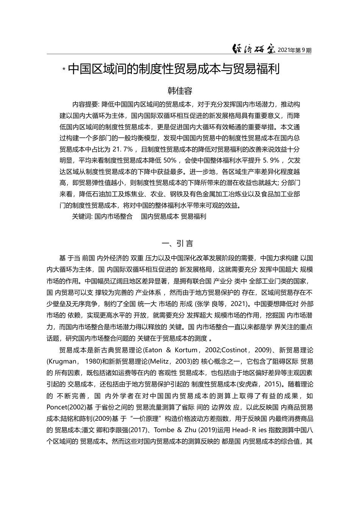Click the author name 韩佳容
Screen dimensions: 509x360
tap(180, 91)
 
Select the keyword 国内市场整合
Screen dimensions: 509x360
tap(114, 217)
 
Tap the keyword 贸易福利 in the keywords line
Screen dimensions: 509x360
tap(194, 217)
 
